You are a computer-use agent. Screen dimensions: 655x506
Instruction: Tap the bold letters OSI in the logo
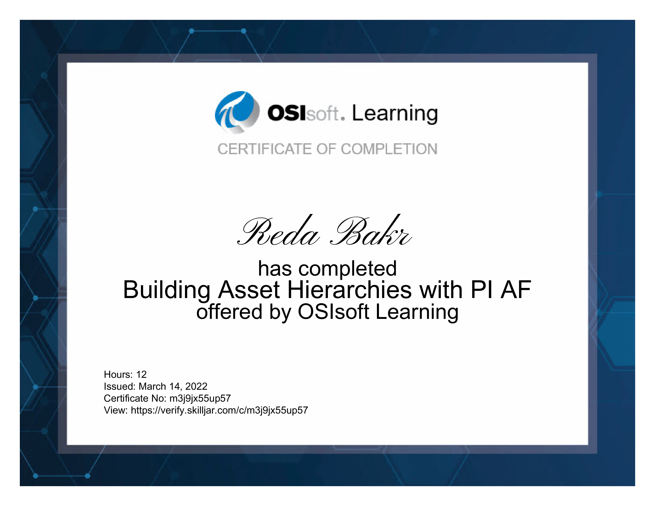pyautogui.click(x=287, y=113)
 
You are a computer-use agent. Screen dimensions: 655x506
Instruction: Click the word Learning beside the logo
pyautogui.click(x=395, y=114)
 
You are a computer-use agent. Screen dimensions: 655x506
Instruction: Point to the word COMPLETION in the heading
pyautogui.click(x=389, y=149)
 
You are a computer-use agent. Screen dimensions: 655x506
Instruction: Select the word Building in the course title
pyautogui.click(x=167, y=290)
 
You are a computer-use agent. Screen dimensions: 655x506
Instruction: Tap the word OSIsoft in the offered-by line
pyautogui.click(x=333, y=312)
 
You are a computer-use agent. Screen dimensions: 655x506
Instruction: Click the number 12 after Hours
pyautogui.click(x=142, y=374)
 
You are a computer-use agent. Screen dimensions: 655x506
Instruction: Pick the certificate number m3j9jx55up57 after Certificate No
pyautogui.click(x=200, y=399)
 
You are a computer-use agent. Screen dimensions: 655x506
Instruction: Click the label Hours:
pyautogui.click(x=118, y=374)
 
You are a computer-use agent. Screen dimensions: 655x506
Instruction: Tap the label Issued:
pyautogui.click(x=120, y=386)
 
